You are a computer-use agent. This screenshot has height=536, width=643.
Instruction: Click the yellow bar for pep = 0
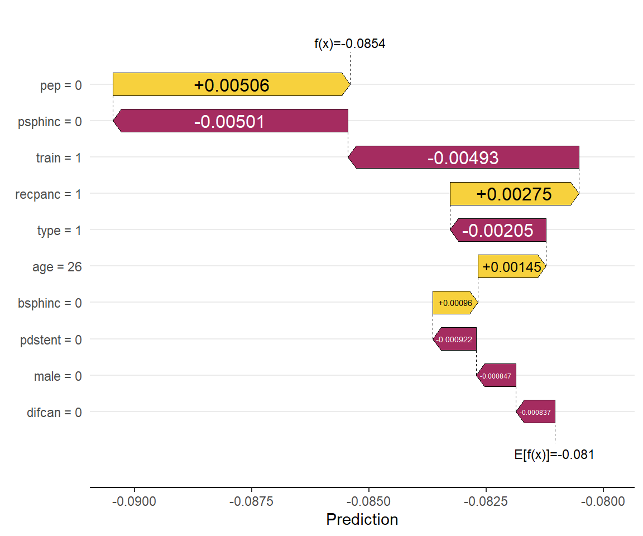231,84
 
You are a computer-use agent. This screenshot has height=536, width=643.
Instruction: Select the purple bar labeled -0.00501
230,121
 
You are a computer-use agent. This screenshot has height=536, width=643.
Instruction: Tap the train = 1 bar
463,157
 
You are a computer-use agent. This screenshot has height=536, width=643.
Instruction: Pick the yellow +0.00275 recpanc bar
514,194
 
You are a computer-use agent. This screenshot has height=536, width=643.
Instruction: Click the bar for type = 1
498,230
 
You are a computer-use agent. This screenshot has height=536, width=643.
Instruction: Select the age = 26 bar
512,266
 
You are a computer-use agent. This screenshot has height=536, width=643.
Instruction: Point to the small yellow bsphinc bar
455,303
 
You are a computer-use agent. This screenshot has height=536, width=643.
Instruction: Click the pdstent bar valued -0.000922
454,339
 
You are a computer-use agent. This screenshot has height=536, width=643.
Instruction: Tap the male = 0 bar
496,376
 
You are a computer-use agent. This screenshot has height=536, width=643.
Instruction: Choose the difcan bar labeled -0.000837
535,412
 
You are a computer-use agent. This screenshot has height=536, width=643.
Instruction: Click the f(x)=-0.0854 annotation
350,44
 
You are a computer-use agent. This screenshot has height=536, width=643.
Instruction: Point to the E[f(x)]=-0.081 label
554,454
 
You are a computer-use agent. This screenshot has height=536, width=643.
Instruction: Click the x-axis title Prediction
362,520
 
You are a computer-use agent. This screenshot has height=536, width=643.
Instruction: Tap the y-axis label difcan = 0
54,413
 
